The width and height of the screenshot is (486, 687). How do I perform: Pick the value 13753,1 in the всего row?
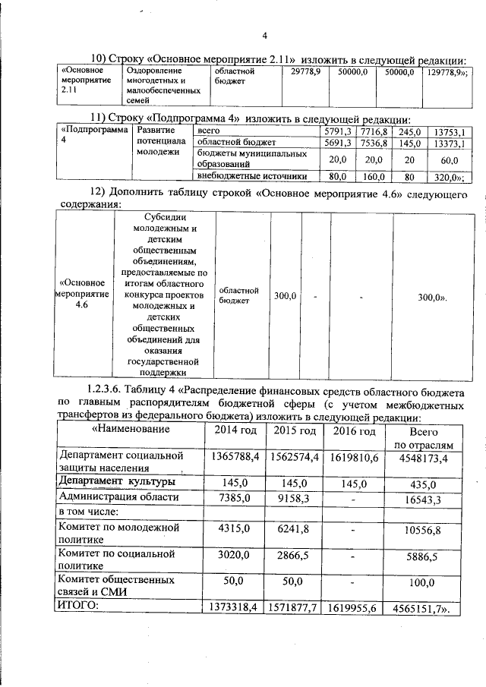(x=449, y=131)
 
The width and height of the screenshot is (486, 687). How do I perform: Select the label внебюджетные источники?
(x=251, y=176)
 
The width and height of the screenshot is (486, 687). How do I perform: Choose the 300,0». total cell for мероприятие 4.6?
(x=433, y=298)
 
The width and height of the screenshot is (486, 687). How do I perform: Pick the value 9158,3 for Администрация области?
(x=292, y=497)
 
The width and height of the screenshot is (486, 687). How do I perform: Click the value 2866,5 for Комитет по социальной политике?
(x=292, y=556)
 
